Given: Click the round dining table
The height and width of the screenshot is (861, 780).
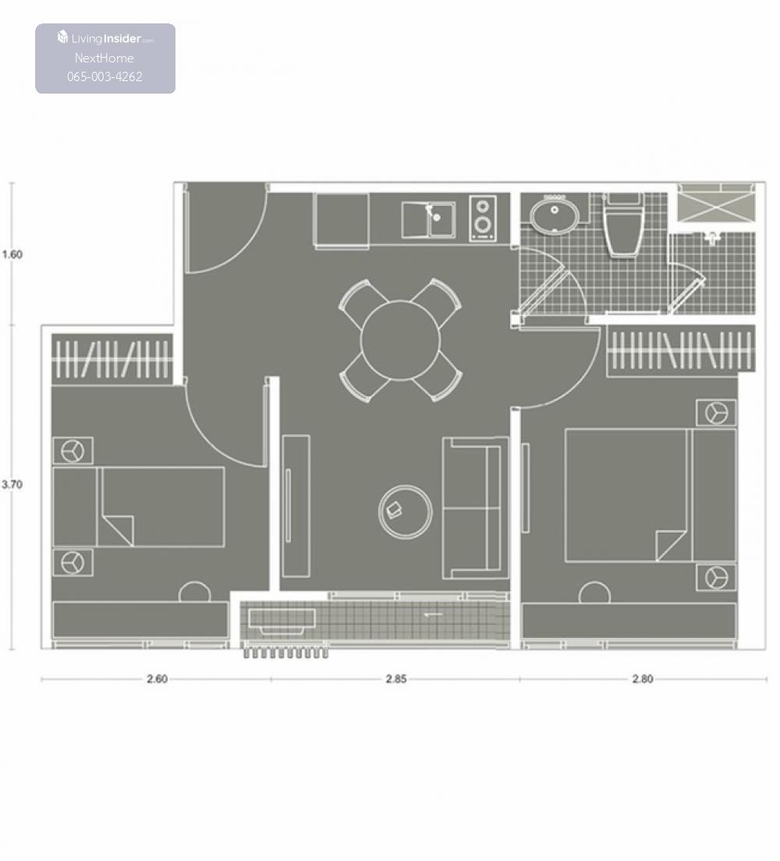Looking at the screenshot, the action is point(400,341).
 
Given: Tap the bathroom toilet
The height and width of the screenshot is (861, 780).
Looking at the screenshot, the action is point(623,225).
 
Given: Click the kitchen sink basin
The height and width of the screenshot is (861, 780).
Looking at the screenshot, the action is point(428,220).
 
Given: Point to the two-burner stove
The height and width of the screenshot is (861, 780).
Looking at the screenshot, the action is point(483,218).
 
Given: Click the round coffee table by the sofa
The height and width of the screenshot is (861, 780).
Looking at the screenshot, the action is point(406,512).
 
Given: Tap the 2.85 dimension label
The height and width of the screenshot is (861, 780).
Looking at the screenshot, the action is point(396,679).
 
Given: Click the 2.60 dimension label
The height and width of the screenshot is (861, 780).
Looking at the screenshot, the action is point(157,679).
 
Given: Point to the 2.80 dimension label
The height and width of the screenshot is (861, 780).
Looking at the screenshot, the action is point(643,679).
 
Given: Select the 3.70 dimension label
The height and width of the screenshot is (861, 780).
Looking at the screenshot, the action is point(12,484).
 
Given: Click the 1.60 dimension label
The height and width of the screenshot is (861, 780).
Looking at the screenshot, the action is point(12,254).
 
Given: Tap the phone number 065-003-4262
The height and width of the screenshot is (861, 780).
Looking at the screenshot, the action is point(105,77).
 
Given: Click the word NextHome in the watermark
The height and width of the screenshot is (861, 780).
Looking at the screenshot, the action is point(105,58).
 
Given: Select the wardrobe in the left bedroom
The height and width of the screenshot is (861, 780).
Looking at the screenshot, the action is point(112,359).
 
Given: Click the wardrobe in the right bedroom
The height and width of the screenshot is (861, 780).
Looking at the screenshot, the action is point(681,351).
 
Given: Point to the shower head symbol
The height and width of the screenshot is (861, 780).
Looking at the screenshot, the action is point(712,237).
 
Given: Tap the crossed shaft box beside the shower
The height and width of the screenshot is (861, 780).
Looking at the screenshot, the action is point(716,204).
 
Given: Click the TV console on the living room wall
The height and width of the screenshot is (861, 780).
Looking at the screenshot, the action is point(296,506).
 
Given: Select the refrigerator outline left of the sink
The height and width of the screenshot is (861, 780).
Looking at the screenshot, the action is point(341,220).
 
